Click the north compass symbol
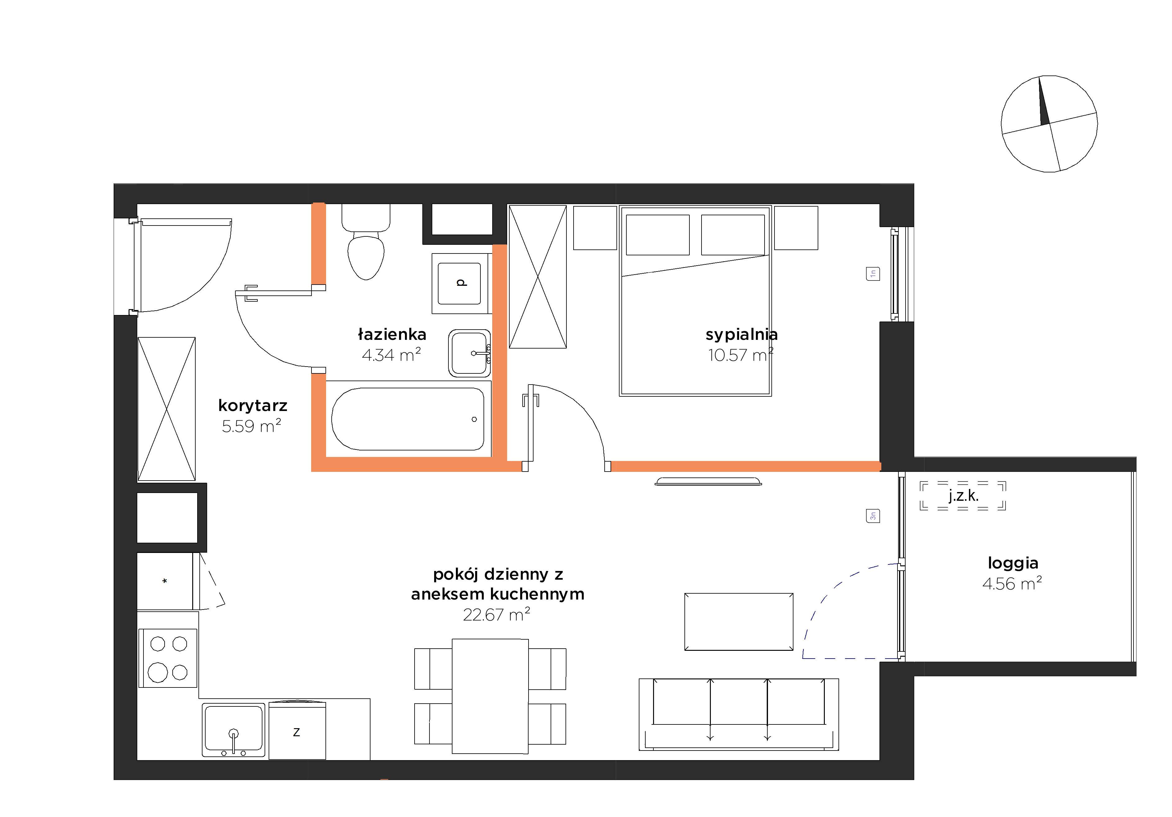coord(1050,124)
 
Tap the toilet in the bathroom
coord(366,241)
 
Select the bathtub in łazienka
coord(408,419)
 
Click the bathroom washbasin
coord(470,353)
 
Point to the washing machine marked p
coord(461,283)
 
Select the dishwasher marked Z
coord(297,730)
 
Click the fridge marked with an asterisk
coord(165,581)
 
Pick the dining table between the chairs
coord(490,696)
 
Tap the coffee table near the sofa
coord(738,621)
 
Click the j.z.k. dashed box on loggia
coord(963,495)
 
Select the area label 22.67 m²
coord(496,614)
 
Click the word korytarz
coord(253,405)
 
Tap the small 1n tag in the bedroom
coord(873,274)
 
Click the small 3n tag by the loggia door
coord(873,516)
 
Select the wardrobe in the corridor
coord(166,409)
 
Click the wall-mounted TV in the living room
coord(708,481)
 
